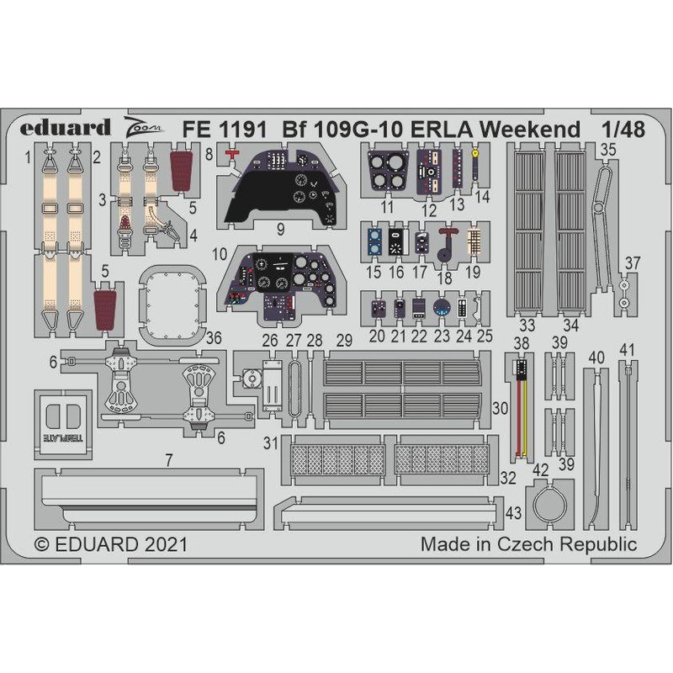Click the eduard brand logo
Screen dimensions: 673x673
click(66, 128)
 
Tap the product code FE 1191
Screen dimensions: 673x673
click(225, 130)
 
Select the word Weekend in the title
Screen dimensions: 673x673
click(530, 130)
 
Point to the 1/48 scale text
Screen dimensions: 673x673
click(623, 130)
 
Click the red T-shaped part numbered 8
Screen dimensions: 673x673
click(232, 155)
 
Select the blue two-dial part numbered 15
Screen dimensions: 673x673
click(374, 241)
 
